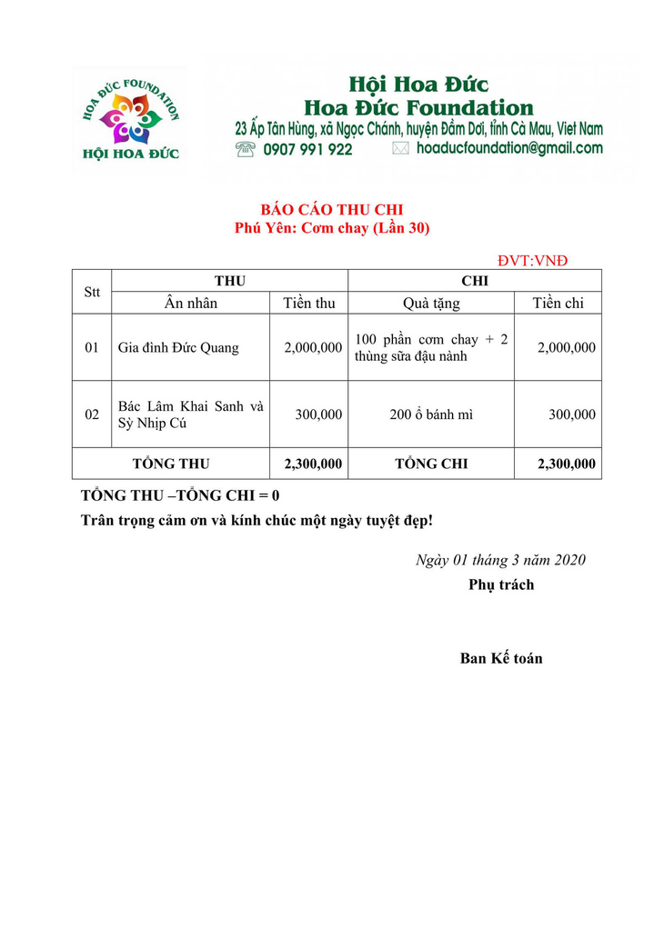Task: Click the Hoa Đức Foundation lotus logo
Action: point(130,118)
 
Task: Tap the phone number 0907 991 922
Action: point(307,149)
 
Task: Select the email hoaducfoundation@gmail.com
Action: point(509,148)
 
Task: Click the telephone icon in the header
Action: point(245,148)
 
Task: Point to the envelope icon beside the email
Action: point(400,148)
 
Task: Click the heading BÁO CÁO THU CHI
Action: point(332,210)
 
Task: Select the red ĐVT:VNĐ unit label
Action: point(532,261)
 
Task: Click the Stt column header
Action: point(92,292)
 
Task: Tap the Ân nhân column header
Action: point(191,304)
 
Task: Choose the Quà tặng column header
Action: point(431,304)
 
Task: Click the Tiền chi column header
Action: point(558,304)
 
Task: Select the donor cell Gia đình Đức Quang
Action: point(178,347)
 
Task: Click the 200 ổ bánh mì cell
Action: point(431,414)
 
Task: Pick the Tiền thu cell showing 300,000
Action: point(318,414)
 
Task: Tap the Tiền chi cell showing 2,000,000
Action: point(567,347)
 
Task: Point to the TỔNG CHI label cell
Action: point(431,464)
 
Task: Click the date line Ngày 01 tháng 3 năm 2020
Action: point(500,560)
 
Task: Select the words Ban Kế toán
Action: point(501,658)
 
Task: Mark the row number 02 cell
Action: point(92,414)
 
